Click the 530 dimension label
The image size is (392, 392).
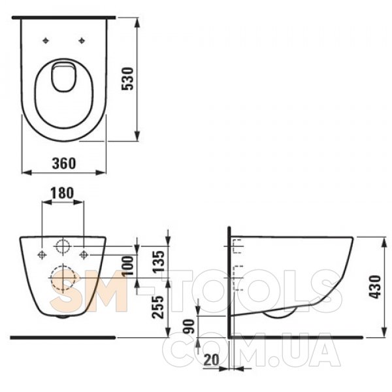[128, 78]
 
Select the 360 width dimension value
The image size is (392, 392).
[64, 163]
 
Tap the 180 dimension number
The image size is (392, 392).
[62, 193]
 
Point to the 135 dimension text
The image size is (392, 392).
[159, 261]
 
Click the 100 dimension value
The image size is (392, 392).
[128, 265]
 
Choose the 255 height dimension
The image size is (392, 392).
[158, 307]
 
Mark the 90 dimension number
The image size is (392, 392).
[189, 326]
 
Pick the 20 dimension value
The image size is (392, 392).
[211, 360]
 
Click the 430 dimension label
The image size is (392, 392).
[375, 287]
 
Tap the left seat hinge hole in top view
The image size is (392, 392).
[46, 41]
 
